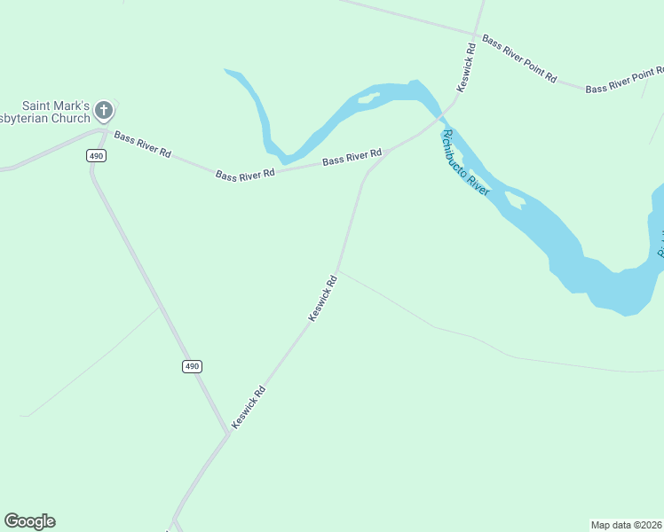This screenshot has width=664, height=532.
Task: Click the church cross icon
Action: tap(104, 110)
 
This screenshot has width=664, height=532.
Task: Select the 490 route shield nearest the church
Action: tap(97, 156)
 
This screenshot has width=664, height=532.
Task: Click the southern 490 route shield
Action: tap(193, 366)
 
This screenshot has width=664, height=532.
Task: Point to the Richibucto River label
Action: tap(465, 162)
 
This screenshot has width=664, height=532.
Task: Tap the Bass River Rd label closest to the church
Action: tap(142, 144)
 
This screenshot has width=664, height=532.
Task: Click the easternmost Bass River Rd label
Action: tap(352, 157)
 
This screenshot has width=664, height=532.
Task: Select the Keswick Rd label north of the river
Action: tap(466, 67)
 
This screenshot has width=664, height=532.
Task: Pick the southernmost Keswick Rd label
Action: tap(249, 407)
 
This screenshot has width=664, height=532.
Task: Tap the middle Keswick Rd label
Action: tap(322, 298)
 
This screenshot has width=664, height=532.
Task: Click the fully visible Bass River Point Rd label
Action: tap(518, 59)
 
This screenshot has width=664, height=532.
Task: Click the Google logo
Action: tap(29, 521)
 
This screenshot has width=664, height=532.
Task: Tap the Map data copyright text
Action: tap(627, 524)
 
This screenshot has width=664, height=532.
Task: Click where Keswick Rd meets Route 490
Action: tap(227, 434)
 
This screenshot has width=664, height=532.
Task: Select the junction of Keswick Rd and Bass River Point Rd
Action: tap(479, 35)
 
